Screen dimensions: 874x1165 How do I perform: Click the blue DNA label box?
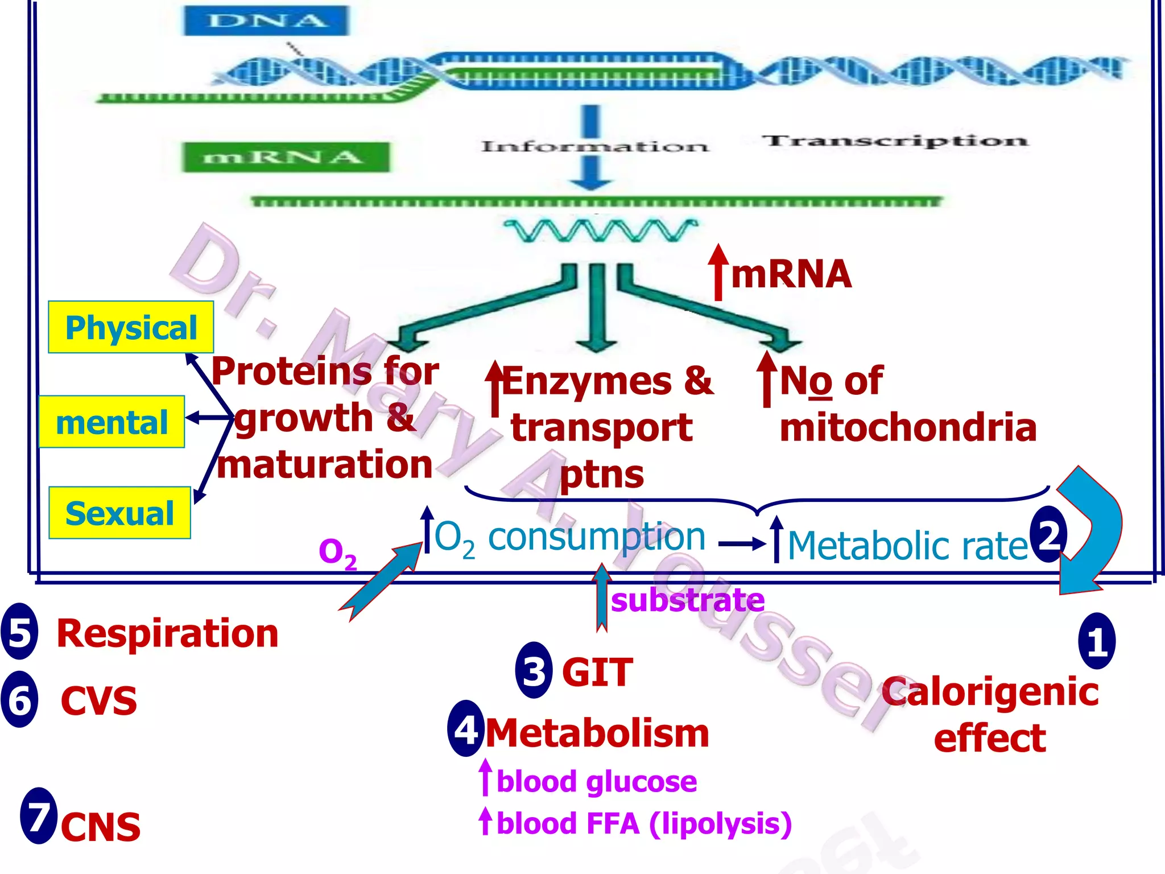266,21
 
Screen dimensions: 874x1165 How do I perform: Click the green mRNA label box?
286,157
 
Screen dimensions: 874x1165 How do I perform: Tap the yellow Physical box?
131,328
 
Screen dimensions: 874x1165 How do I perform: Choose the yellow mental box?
111,422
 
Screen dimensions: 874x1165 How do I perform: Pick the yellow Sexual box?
119,513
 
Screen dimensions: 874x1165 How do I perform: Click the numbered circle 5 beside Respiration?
20,632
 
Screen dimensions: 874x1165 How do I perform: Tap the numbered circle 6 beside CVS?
20,699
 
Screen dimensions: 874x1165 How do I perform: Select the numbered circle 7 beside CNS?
39,816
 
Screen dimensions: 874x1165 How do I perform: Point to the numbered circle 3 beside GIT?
534,670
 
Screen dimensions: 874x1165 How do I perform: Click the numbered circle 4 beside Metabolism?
466,729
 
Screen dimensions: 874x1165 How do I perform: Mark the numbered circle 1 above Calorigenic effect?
1097,641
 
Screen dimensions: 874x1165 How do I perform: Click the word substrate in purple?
688,600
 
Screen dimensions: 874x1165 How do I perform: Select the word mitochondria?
908,427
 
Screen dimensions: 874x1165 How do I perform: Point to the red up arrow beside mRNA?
718,272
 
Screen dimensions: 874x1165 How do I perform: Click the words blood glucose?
597,781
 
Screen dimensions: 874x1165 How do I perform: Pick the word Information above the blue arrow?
595,147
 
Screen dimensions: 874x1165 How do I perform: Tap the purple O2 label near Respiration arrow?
338,553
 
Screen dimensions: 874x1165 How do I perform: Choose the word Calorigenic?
990,692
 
